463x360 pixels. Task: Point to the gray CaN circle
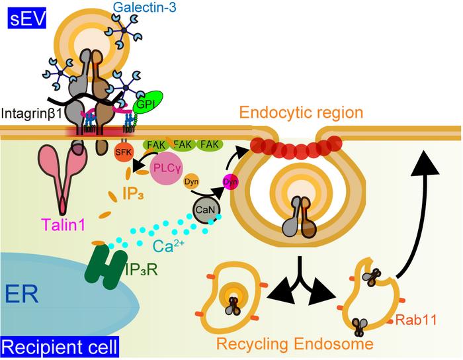point(204,210)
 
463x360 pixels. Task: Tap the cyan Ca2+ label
point(170,246)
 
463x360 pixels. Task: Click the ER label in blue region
point(24,291)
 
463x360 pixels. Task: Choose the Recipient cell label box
point(60,346)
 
